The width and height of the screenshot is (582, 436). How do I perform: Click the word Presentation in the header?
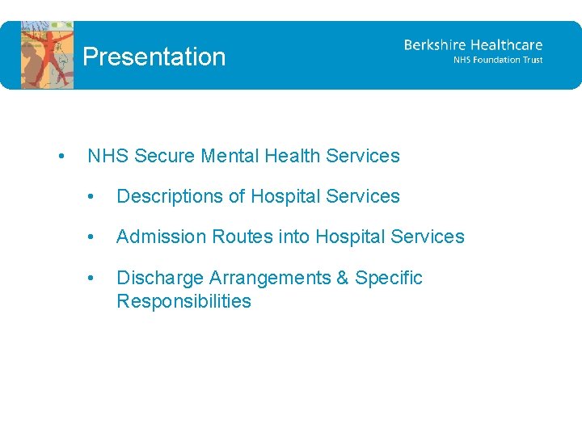tap(154, 57)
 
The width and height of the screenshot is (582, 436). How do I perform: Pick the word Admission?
tap(161, 237)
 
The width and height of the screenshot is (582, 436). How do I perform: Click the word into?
tap(294, 237)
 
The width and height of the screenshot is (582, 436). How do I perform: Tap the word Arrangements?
tap(269, 278)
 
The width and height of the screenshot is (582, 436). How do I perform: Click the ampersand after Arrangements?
tap(342, 278)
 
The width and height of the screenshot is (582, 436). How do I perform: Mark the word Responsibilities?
tap(183, 301)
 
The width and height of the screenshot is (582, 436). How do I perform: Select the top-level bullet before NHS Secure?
tap(62, 157)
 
